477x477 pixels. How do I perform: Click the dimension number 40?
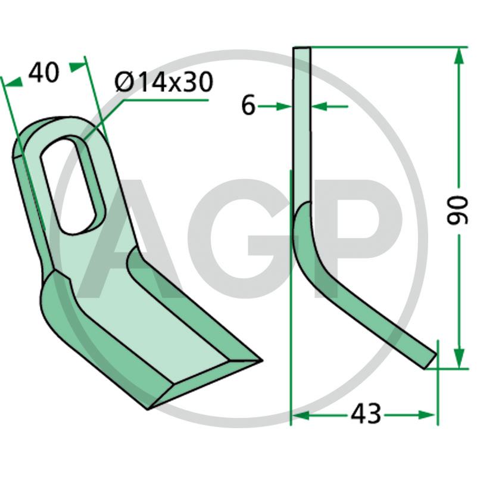pos(44,73)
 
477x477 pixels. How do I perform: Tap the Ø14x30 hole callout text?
pos(164,82)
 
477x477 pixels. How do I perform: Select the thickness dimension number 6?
pos(248,106)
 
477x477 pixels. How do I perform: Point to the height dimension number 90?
pos(457,210)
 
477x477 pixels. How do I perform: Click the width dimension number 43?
pos(366,414)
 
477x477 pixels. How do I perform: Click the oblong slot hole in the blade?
pos(73,185)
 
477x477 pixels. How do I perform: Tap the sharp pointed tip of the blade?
pos(262,361)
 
